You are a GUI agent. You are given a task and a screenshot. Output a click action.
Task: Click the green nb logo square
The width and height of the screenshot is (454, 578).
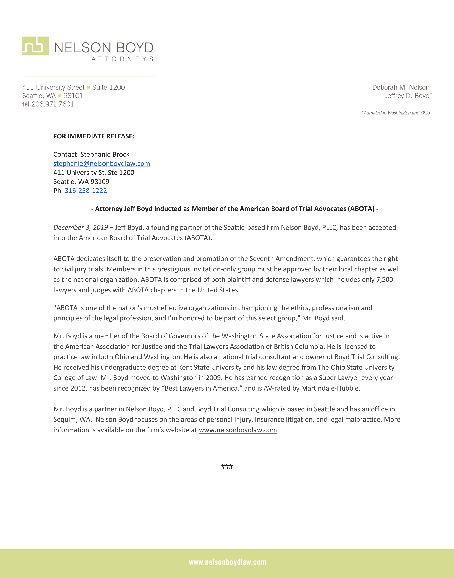point(35,46)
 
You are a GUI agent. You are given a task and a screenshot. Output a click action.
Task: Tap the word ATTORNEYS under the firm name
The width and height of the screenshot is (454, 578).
point(122,59)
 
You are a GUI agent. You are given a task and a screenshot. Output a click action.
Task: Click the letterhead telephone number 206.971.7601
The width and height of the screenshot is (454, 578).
point(53,104)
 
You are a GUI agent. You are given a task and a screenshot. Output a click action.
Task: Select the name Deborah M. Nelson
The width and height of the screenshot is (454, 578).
point(401,87)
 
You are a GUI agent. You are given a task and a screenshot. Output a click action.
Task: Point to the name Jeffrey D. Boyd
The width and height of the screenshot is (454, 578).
point(407,96)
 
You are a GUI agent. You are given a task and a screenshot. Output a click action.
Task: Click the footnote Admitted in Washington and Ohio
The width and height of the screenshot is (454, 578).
point(396,113)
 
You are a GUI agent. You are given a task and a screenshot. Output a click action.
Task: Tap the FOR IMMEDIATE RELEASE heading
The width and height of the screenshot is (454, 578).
point(94,136)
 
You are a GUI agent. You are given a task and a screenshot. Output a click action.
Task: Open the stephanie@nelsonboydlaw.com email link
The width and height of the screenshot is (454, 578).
point(101,163)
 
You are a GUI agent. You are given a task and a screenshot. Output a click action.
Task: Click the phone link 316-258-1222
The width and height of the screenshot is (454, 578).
point(86,191)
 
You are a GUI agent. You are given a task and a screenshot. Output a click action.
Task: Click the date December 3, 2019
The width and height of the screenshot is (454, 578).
point(80,228)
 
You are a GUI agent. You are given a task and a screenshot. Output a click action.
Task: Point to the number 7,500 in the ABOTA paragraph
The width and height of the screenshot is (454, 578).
point(384,279)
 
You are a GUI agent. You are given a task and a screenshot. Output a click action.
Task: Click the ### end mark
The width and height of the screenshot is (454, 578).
point(227,466)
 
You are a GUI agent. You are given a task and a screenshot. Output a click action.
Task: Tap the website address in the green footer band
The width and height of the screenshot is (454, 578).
point(227,562)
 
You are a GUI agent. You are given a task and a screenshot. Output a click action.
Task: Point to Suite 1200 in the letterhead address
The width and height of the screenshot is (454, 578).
point(108,87)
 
